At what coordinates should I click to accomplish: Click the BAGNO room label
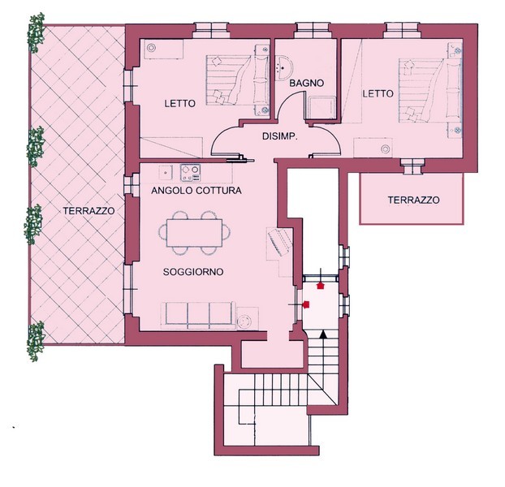(x=306, y=83)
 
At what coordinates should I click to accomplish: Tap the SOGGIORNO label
(x=193, y=272)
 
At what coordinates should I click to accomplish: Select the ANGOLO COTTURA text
(x=196, y=191)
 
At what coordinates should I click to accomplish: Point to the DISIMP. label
(x=280, y=136)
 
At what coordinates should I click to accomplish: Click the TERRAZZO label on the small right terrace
(x=413, y=200)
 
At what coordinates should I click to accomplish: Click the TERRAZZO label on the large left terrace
(x=88, y=211)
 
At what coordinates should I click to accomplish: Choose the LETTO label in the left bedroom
(x=179, y=104)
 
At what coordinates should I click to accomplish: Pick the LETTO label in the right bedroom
(x=378, y=93)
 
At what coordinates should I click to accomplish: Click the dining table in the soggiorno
(x=195, y=233)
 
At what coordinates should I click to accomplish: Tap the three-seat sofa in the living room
(x=199, y=315)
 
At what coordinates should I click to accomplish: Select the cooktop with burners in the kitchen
(x=190, y=173)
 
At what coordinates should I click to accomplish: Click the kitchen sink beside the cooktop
(x=166, y=173)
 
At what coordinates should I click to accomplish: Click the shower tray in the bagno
(x=321, y=107)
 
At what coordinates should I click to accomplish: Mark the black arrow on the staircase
(x=323, y=334)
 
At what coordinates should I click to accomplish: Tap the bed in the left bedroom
(x=238, y=80)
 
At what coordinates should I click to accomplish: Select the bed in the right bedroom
(x=430, y=91)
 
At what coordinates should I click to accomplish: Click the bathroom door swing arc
(x=285, y=100)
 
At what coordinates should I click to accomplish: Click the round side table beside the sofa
(x=248, y=319)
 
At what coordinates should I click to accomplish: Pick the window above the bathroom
(x=313, y=30)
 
